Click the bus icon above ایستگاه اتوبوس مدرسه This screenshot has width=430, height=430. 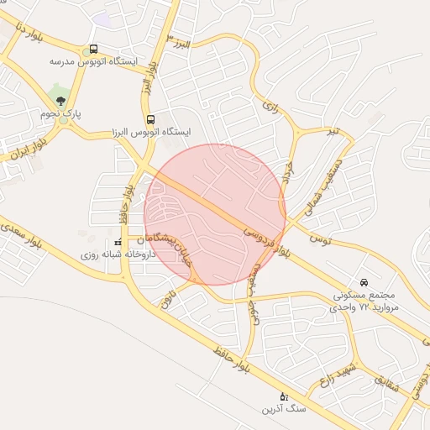click(92, 50)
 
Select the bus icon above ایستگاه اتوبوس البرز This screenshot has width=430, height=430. click(150, 119)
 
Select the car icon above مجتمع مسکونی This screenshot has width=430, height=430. click(364, 282)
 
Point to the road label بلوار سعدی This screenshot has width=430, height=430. click(26, 236)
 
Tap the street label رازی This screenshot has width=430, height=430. click(270, 107)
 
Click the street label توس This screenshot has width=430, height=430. click(320, 240)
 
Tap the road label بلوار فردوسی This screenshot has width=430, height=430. click(269, 240)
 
